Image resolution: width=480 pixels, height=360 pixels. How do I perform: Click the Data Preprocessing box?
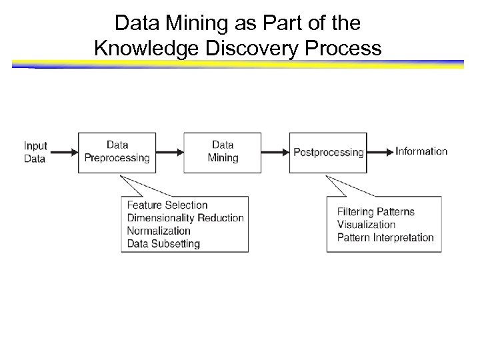pyautogui.click(x=117, y=152)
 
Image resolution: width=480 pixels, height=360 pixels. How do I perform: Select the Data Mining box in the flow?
pyautogui.click(x=223, y=152)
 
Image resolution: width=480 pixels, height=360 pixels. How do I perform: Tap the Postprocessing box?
pyautogui.click(x=328, y=152)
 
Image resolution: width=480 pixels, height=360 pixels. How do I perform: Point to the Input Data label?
pyautogui.click(x=35, y=152)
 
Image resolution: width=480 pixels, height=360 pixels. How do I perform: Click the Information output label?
pyautogui.click(x=421, y=151)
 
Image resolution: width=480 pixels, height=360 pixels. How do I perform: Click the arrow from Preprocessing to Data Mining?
pyautogui.click(x=170, y=153)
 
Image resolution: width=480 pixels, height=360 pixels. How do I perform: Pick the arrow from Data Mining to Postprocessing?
pyautogui.click(x=275, y=153)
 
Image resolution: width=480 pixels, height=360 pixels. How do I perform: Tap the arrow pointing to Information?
pyautogui.click(x=381, y=153)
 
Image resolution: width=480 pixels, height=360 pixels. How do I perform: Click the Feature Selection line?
pyautogui.click(x=167, y=205)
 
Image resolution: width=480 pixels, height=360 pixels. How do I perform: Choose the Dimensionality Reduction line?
pyautogui.click(x=185, y=218)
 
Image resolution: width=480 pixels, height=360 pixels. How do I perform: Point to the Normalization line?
pyautogui.click(x=159, y=231)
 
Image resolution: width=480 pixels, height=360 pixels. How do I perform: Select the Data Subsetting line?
pyautogui.click(x=163, y=243)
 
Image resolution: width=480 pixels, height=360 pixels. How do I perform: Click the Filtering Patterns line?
pyautogui.click(x=376, y=212)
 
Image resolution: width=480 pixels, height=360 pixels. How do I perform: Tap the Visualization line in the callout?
pyautogui.click(x=366, y=225)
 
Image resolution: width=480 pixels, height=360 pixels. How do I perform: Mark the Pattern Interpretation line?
pyautogui.click(x=385, y=237)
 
